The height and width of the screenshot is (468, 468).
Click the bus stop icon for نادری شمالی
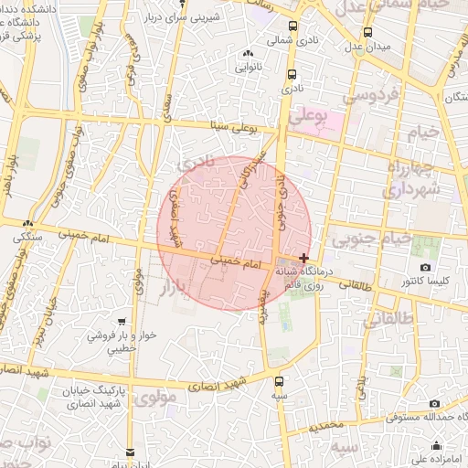[x=292, y=27]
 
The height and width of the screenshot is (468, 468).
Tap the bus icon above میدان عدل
[x=367, y=32]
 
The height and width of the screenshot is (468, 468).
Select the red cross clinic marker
[x=303, y=259]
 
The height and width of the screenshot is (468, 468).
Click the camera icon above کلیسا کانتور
[x=425, y=267]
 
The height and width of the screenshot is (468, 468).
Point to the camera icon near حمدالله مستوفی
[x=433, y=403]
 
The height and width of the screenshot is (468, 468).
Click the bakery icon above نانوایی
[x=250, y=54]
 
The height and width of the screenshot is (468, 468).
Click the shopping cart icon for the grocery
[x=122, y=323]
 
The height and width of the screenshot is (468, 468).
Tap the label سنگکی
[x=27, y=235]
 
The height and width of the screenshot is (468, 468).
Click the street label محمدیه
[x=326, y=425]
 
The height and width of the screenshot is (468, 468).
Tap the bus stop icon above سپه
[x=278, y=380]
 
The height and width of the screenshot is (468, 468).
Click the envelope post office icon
[x=130, y=452]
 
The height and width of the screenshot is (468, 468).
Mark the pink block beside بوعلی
[x=328, y=122]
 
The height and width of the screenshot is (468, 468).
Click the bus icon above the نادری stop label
[x=292, y=75]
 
